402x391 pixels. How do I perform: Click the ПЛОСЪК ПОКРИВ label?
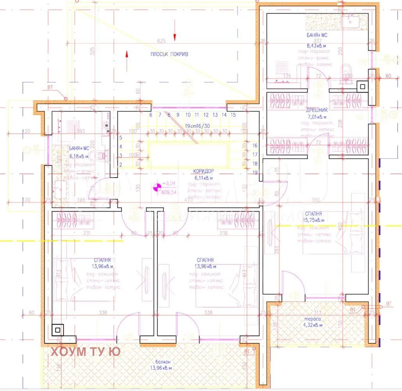tap(169, 54)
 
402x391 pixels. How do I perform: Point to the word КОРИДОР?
tap(203, 171)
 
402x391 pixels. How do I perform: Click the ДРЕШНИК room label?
tap(317, 110)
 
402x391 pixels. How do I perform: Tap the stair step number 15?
tap(233, 115)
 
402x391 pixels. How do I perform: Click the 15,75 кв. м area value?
tap(312, 220)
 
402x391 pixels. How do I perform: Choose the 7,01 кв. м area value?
tap(317, 117)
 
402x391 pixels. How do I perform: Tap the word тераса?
tap(312, 319)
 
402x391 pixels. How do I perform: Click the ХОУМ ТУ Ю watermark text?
tap(85, 352)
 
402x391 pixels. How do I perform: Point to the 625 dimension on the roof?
tap(161, 41)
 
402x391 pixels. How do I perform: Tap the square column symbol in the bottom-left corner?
tap(58, 330)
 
